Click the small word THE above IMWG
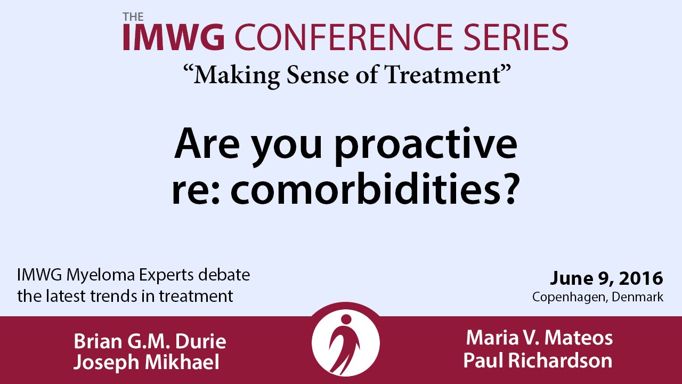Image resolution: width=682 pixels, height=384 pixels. tap(133, 17)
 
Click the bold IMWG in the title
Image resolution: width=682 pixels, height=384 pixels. tap(174, 37)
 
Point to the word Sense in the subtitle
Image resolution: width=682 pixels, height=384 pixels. tap(318, 75)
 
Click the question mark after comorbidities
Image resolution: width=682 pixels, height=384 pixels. tap(510, 189)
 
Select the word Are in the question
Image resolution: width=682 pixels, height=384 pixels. tap(207, 144)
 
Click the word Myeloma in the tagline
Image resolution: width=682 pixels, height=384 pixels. tap(101, 276)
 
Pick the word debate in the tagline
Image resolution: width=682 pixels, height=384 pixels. tap(224, 275)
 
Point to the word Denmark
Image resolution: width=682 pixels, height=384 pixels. tap(638, 297)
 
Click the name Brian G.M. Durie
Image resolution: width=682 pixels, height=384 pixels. tap(150, 341)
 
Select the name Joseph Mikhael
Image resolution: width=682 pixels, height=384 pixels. tap(147, 363)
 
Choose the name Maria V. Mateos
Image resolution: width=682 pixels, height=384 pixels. tap(539, 338)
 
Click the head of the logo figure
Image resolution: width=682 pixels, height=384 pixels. tap(346, 319)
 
